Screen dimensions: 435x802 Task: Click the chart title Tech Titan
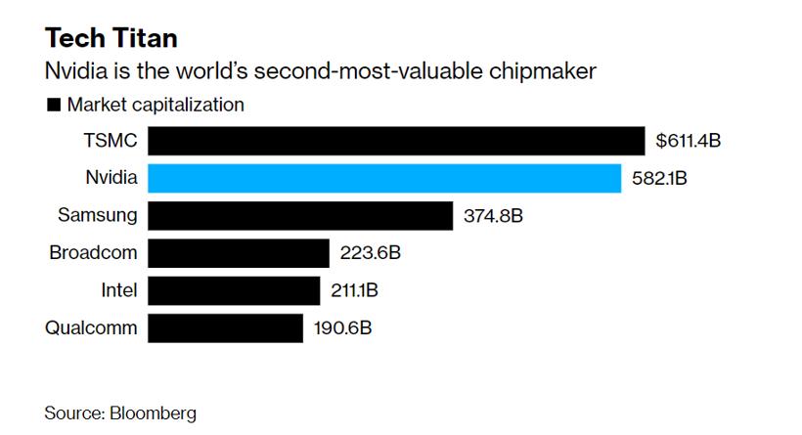click(111, 38)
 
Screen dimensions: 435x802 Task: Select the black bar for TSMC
click(396, 141)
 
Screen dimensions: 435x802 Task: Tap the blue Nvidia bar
click(384, 178)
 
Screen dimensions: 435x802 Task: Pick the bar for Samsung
click(300, 215)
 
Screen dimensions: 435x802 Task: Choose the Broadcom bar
click(239, 253)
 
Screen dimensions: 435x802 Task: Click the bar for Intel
click(235, 290)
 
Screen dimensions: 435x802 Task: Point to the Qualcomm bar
click(226, 327)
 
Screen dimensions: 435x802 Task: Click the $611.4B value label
click(689, 142)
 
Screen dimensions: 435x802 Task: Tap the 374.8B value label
click(494, 216)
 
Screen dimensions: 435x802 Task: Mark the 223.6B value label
click(371, 253)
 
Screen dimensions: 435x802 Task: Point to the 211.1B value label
click(359, 290)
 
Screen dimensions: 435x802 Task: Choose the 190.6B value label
click(342, 327)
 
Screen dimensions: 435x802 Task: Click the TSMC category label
click(111, 141)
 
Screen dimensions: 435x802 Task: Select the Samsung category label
click(99, 215)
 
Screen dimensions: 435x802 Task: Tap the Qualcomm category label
click(92, 327)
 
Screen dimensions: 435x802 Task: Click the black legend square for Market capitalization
click(53, 105)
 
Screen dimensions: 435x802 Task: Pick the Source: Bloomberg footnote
click(120, 413)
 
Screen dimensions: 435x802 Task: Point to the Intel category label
click(120, 290)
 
